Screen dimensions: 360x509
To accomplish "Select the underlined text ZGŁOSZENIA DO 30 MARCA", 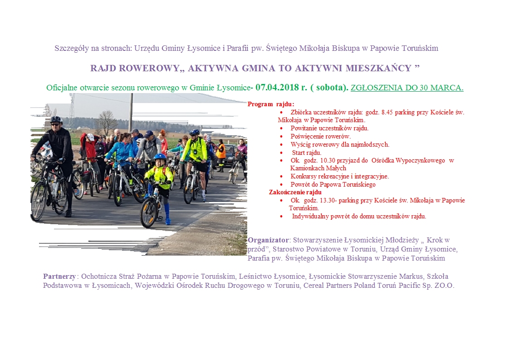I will tap(407, 88).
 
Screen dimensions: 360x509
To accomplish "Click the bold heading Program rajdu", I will tap(271, 104).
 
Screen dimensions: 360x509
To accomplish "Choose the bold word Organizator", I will tap(268, 240).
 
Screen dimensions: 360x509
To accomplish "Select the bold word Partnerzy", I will tap(60, 276).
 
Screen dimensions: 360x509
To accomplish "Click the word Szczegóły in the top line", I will tap(69, 48).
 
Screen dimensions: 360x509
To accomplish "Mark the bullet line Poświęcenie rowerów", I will tap(321, 136).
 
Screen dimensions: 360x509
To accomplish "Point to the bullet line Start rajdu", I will tap(307, 153).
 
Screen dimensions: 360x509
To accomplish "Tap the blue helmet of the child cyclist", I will tap(160, 157).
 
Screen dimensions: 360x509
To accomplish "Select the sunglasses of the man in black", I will tap(56, 123).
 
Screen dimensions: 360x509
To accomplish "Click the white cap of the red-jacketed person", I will tap(90, 137).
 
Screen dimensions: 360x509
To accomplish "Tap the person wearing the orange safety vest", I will tap(221, 152).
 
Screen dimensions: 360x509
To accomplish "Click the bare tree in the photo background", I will tap(107, 121).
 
